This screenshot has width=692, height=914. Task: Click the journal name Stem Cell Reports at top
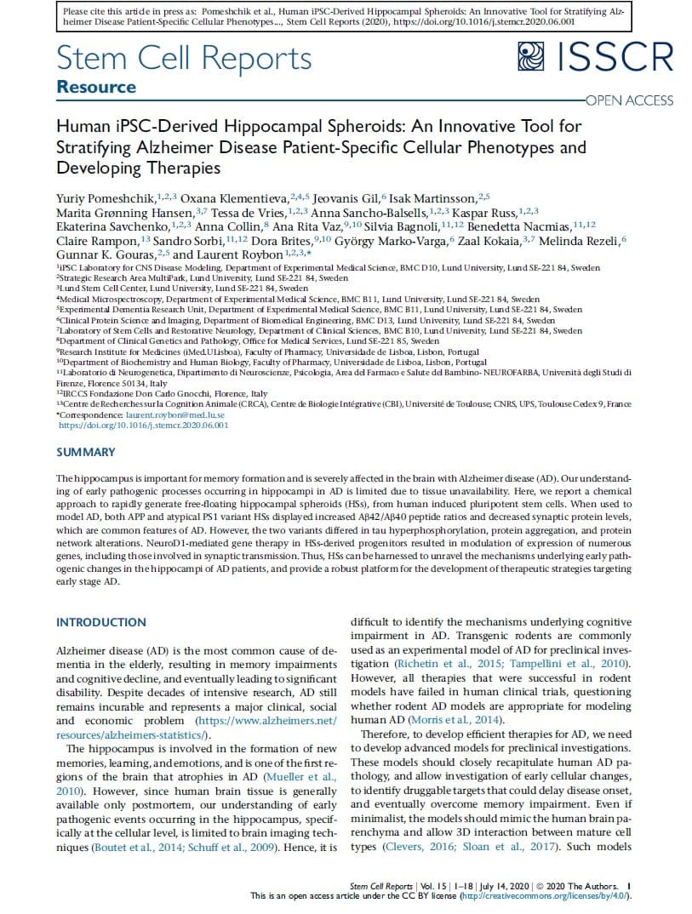(184, 58)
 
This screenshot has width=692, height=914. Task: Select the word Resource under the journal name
(96, 87)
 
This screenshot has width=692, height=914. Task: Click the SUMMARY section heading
(85, 452)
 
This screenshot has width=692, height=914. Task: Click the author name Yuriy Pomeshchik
(106, 197)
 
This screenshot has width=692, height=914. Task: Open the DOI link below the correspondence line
(143, 424)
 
